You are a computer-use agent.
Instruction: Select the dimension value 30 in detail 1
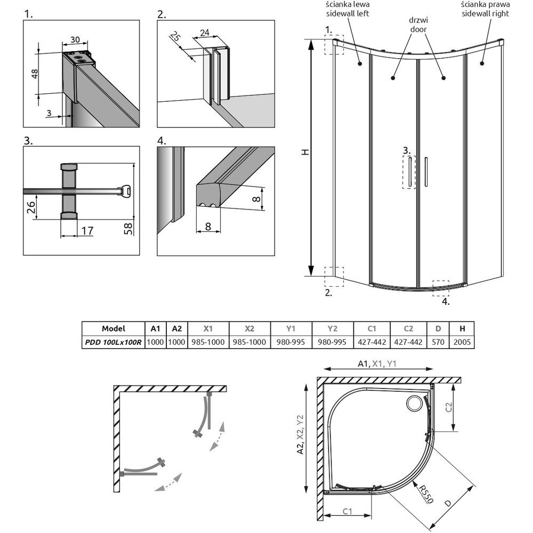75,40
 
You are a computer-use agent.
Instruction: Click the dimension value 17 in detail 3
87,231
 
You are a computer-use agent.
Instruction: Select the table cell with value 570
438,342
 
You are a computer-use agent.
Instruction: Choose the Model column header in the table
112,328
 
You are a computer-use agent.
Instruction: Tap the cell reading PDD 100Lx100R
112,342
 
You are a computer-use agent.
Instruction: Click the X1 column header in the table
208,328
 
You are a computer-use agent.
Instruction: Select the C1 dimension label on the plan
346,512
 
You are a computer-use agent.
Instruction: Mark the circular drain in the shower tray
414,404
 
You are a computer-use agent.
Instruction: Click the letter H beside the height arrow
305,152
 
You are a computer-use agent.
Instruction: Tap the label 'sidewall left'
350,13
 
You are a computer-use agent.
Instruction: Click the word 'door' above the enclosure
418,30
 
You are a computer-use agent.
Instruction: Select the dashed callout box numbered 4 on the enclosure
441,288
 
